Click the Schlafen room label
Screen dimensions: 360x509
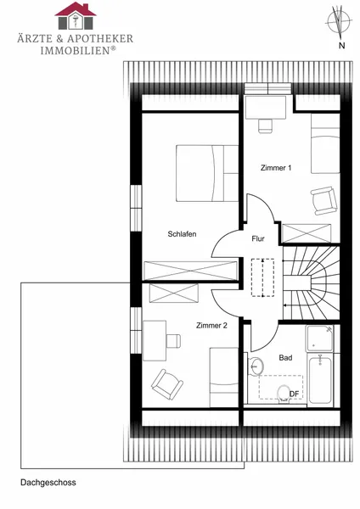[182, 234]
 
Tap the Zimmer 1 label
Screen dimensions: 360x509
[276, 168]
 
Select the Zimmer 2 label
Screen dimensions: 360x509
[211, 326]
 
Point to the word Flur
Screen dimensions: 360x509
[258, 239]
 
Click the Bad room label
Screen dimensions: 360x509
[285, 358]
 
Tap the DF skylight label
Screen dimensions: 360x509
[294, 394]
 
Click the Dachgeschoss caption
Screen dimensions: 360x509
[48, 483]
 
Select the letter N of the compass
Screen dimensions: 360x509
[341, 46]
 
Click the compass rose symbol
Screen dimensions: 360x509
[338, 21]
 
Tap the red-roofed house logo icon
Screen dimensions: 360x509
[76, 16]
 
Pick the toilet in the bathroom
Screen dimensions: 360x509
[284, 394]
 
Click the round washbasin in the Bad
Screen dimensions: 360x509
[256, 366]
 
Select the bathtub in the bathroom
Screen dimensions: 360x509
[320, 379]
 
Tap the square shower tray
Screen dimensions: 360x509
[320, 338]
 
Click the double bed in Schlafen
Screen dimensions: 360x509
[207, 173]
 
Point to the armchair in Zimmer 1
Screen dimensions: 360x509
[323, 200]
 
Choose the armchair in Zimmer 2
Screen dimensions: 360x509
[167, 384]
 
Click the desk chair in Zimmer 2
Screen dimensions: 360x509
[173, 340]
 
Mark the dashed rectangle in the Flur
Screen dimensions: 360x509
[262, 277]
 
